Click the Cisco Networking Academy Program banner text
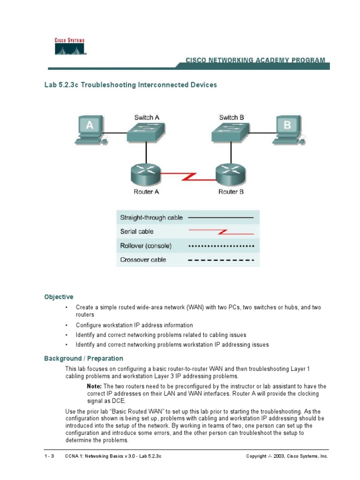tap(255, 60)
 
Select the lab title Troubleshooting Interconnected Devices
tap(130, 85)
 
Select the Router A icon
tap(146, 174)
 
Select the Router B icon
tap(231, 174)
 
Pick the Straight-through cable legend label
tap(151, 217)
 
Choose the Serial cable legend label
tap(137, 232)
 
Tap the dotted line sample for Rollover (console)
tap(221, 246)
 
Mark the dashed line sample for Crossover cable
tap(221, 260)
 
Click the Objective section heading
tap(59, 297)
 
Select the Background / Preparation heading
tap(83, 358)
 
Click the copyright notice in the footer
tap(287, 456)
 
